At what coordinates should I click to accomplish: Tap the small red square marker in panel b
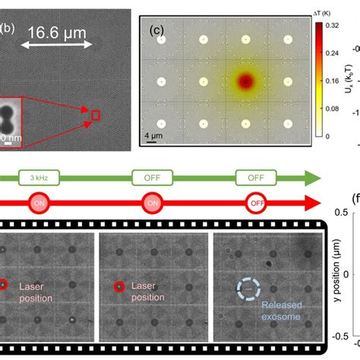(96, 115)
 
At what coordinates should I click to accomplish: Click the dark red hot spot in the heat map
(245, 81)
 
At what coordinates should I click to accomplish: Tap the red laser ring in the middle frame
(118, 287)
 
